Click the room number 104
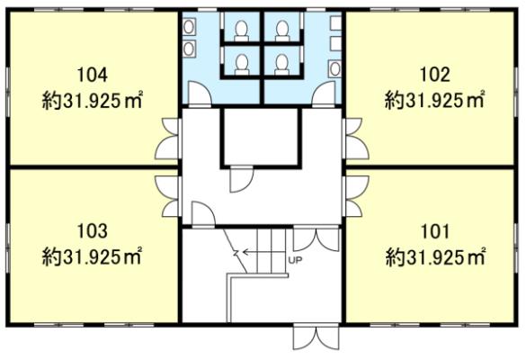pos(93,75)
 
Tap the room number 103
pos(93,231)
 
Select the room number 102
pos(435,75)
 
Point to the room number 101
pos(435,231)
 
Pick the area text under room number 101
pos(435,256)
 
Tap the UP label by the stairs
pos(295,259)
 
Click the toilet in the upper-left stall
pos(241,31)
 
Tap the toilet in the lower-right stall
pos(281,65)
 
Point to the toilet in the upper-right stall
pos(282,31)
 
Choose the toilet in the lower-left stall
pos(241,65)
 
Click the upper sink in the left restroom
pos(189,26)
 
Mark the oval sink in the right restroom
pos(334,68)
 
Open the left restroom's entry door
pos(200,94)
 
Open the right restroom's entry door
pos(324,94)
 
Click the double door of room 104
pos(168,139)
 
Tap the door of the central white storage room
pos(242,179)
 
